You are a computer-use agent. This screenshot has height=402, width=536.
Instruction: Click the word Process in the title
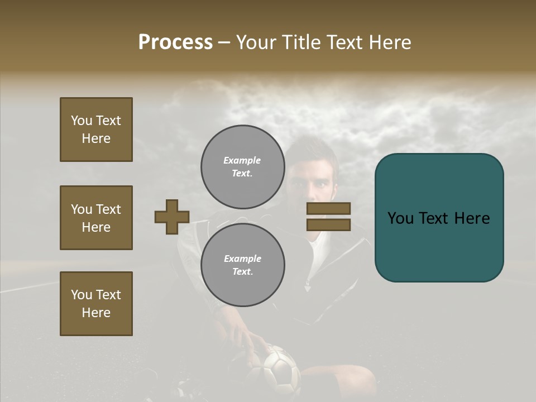coord(175,42)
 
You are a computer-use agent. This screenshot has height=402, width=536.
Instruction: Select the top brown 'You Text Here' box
coord(96,130)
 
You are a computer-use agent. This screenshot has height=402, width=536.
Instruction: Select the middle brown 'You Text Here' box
coord(96,218)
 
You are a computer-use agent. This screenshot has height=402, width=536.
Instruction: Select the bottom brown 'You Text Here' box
coord(96,304)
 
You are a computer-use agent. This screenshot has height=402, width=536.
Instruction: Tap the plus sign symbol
coord(172,217)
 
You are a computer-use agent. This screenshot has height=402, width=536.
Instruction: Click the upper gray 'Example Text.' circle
coord(242,166)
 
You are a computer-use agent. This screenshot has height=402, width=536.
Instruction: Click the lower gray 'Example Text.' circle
coord(242,265)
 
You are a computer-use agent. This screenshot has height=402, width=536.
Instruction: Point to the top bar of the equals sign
coord(328,208)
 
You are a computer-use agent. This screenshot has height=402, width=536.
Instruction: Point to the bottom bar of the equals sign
coord(328,224)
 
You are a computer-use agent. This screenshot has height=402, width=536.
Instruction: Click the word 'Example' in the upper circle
coord(242,160)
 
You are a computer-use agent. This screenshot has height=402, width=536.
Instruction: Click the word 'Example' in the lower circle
coord(242,259)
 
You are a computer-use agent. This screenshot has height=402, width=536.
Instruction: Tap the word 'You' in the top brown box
coord(82,121)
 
